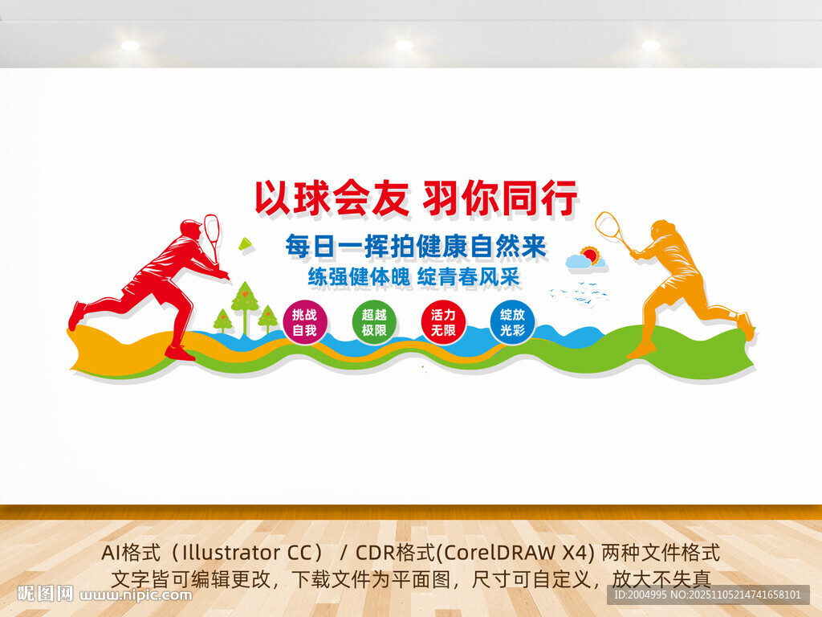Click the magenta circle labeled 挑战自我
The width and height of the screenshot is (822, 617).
[x=304, y=323]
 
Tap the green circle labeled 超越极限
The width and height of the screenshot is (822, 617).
[x=374, y=323]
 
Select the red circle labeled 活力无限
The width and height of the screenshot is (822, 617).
[x=443, y=323]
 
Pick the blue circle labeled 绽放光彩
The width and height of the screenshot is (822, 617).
[x=512, y=323]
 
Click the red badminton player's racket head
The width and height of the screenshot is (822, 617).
[x=212, y=228]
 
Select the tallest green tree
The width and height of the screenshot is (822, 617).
[x=245, y=299]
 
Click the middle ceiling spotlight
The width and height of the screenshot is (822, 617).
[x=404, y=45]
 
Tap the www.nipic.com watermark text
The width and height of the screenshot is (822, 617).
[x=137, y=595]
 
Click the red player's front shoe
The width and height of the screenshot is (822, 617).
[x=179, y=353]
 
